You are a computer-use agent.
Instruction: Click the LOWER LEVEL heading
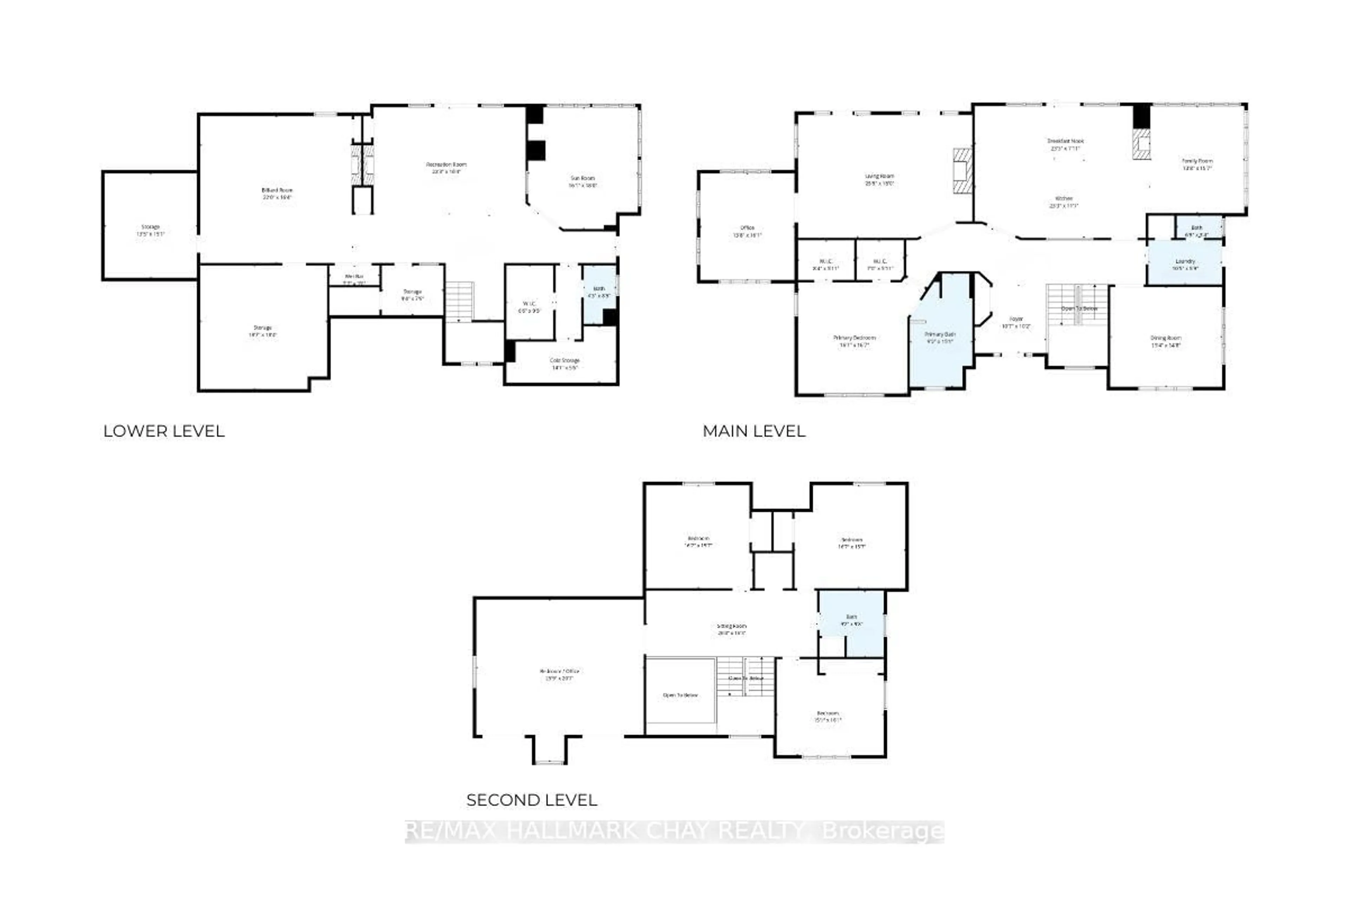click(x=163, y=431)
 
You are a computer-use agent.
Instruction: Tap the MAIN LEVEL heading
click(x=754, y=431)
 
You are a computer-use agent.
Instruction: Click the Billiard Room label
click(x=277, y=193)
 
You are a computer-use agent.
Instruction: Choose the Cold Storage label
click(x=565, y=363)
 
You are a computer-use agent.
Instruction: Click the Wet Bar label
click(x=354, y=279)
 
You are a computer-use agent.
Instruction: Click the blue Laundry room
click(x=1184, y=264)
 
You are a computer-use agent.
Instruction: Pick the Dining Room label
click(x=1166, y=341)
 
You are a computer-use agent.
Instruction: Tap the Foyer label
click(x=1016, y=322)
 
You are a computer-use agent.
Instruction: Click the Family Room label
click(x=1197, y=164)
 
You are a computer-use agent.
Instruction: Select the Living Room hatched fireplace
click(x=963, y=171)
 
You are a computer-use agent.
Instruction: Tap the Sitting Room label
click(x=731, y=629)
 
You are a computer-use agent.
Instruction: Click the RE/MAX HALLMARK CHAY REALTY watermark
click(x=674, y=830)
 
